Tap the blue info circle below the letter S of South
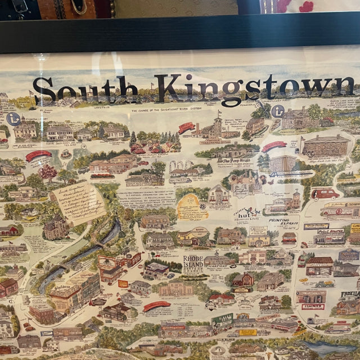pos(13,119)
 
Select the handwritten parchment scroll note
pos(79,201)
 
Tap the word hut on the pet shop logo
pos(242,212)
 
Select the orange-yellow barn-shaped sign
pos(192,208)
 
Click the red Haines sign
pos(313,307)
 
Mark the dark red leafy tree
pos(47,171)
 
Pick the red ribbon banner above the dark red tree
pos(38,155)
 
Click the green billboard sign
pos(222,321)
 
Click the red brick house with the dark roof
pos(8,287)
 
